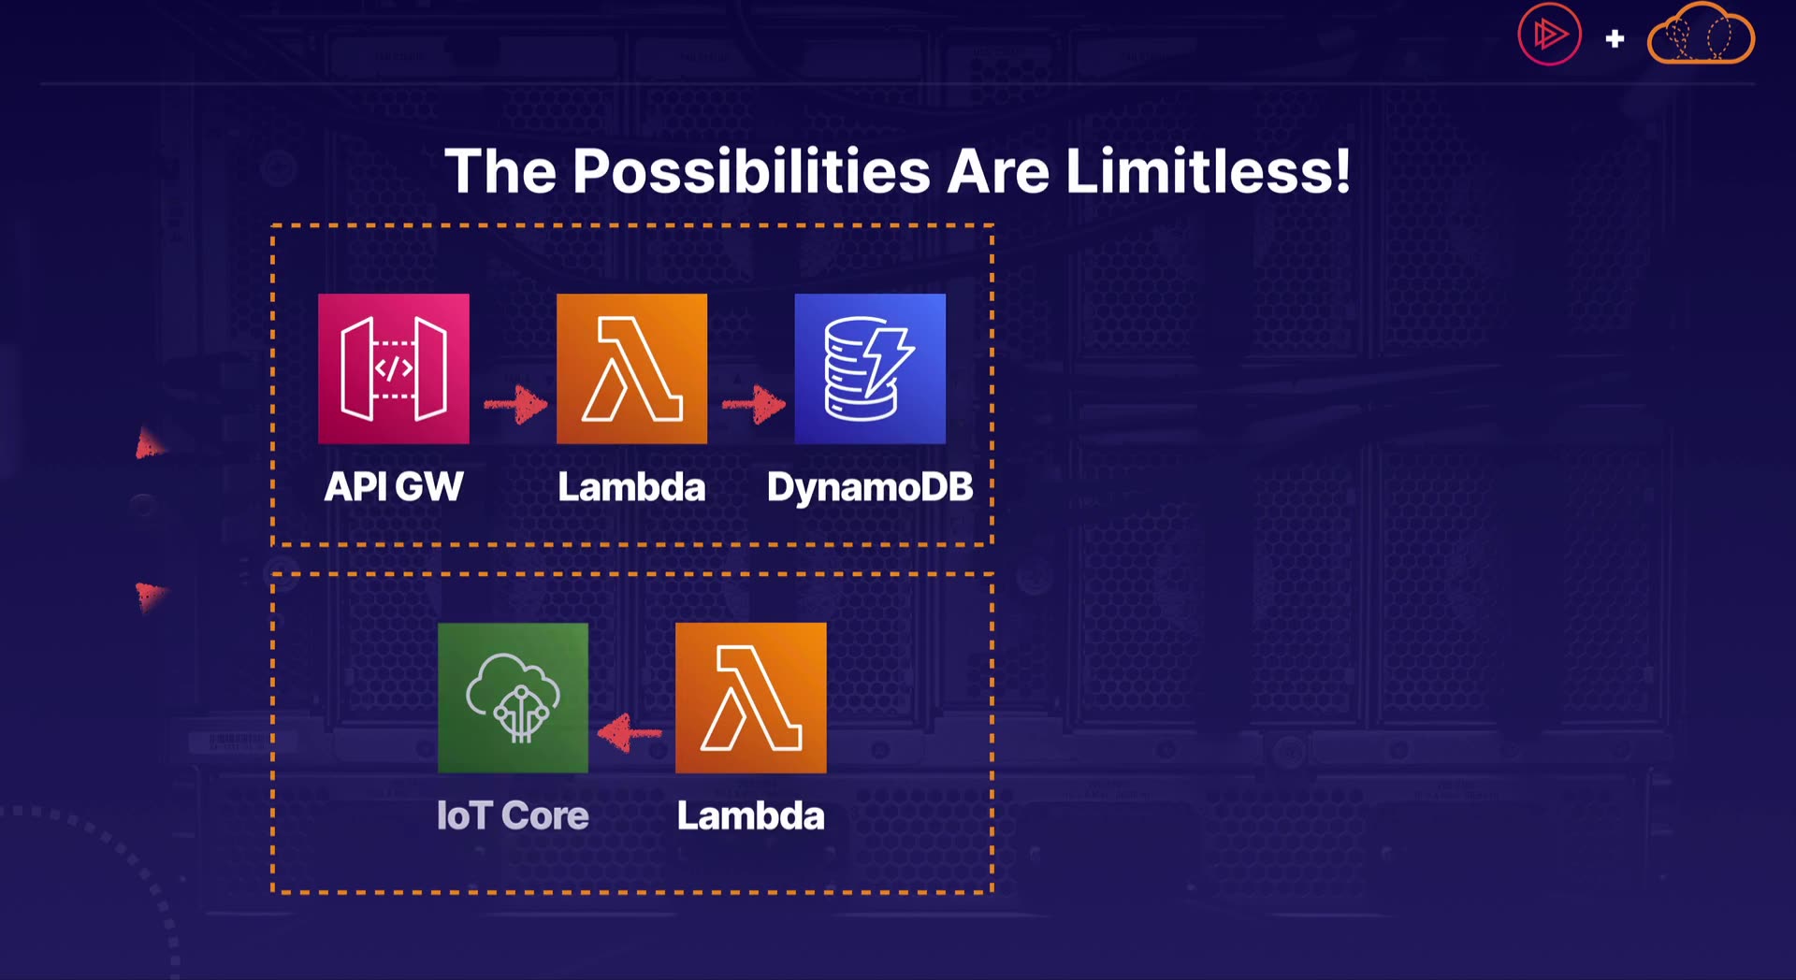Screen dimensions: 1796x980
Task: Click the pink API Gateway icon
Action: pos(394,368)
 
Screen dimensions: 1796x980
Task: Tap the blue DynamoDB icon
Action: pos(870,368)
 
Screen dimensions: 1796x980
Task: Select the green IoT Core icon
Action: pos(513,698)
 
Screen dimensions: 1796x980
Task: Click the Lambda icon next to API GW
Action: pos(631,368)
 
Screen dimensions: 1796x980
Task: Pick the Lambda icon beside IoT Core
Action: pos(751,698)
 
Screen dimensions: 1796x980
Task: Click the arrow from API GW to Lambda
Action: pos(515,404)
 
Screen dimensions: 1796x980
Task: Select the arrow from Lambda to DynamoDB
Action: pos(754,404)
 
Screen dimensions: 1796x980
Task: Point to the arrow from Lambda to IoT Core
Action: pos(630,733)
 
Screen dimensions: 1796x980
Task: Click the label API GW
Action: pos(394,486)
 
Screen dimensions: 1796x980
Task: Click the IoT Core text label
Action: pos(513,815)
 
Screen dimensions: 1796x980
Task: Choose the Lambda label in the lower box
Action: pos(751,815)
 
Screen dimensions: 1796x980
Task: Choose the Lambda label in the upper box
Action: pos(631,486)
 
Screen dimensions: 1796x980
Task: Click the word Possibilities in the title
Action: pos(751,171)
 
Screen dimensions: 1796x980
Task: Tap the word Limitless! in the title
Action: pos(1209,171)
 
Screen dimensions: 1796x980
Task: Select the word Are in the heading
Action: pos(998,172)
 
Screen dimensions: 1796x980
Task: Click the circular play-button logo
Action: pos(1549,35)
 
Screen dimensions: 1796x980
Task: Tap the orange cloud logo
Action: pos(1701,34)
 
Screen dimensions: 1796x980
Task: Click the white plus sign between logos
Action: pos(1615,38)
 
